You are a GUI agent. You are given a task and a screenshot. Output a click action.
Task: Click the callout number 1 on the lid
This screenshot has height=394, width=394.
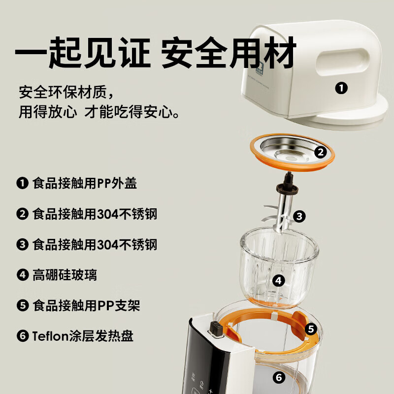(x=341, y=89)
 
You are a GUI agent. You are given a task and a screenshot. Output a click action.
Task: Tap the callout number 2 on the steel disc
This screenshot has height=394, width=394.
(x=321, y=152)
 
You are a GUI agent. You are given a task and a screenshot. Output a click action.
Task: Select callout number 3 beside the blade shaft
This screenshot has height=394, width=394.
(x=299, y=216)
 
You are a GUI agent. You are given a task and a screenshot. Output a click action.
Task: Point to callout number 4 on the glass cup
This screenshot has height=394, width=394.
(x=279, y=281)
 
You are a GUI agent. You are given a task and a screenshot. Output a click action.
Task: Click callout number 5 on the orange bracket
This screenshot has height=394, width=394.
(x=310, y=328)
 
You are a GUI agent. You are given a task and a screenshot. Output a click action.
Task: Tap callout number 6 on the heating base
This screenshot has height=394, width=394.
(x=279, y=378)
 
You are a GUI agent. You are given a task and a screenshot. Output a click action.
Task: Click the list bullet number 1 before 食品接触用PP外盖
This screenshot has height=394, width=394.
(x=22, y=184)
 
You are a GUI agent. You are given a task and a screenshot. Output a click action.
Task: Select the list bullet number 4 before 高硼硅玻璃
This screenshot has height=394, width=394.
(x=22, y=275)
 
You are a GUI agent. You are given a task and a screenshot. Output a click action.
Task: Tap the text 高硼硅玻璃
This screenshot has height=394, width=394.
(x=65, y=275)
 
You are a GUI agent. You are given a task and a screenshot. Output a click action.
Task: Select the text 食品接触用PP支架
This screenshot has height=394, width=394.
(x=86, y=305)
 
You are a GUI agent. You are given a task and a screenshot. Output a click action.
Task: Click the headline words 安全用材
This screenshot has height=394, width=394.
(x=229, y=53)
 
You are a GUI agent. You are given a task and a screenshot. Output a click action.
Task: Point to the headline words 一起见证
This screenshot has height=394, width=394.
(x=82, y=53)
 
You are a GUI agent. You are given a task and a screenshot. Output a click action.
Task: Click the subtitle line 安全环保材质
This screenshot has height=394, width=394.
(x=66, y=92)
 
